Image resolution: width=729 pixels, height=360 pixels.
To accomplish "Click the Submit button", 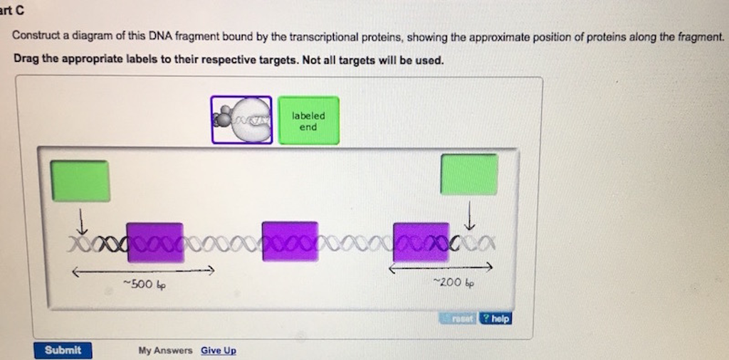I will pos(63,350).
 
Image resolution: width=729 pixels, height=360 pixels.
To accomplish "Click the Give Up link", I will pos(219,351).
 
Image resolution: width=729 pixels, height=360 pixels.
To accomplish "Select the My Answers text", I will pos(165,351).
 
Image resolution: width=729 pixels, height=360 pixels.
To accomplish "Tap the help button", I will pos(495,319).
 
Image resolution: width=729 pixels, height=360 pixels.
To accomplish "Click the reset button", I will pos(458,319).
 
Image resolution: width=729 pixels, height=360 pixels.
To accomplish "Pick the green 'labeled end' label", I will pos(308,121).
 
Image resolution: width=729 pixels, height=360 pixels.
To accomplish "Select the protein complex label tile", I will pos(241,120).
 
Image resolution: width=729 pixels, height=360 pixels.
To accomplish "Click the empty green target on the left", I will pos(80,181).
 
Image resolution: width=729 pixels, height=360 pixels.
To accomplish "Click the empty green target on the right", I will pos(469,174).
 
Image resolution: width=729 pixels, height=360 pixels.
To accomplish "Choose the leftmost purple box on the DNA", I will pos(154,242).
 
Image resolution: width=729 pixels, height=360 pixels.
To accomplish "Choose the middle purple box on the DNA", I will pos(290,241).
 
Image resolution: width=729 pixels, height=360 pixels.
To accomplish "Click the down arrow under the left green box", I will pos(83,220).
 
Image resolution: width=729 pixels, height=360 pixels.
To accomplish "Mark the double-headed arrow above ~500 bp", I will pos(142,271).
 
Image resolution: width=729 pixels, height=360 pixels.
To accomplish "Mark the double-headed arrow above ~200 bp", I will pos(440,268).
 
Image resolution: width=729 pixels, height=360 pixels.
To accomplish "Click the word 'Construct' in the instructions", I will pos(36,36).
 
